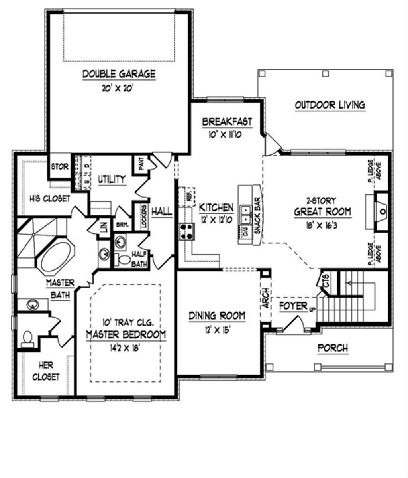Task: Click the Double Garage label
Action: click(118, 74)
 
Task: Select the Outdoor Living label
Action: click(330, 105)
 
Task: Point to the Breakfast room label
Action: click(227, 122)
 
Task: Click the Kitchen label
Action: click(216, 207)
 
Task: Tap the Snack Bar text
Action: click(257, 215)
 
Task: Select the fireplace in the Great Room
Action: click(381, 211)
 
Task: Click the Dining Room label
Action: click(217, 316)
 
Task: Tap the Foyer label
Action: click(293, 306)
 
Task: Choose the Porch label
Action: click(333, 348)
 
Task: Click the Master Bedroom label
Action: click(126, 334)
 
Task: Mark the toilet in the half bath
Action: click(125, 260)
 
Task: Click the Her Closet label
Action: click(46, 371)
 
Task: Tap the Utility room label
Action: click(112, 180)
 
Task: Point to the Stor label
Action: click(60, 166)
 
